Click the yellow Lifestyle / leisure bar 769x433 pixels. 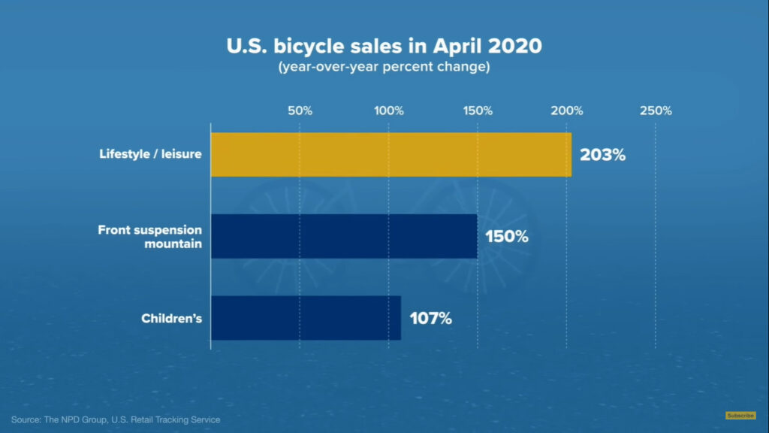pos(391,155)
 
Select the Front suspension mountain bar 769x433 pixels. pos(344,236)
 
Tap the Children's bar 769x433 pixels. pos(306,317)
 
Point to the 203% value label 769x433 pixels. pos(602,156)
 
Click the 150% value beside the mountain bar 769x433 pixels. pos(507,236)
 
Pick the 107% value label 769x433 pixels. pos(430,318)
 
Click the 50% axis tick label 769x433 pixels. pos(300,111)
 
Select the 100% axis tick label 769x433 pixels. pos(389,111)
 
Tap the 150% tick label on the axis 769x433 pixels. pos(478,111)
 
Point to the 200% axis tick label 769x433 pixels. pos(567,111)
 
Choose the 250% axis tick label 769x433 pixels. pos(656,111)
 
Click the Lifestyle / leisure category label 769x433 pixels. pos(150,154)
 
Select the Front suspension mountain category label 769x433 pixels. pos(150,236)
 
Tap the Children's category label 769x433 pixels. pos(171,318)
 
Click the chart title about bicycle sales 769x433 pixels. pos(384,47)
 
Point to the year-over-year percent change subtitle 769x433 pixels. pos(384,68)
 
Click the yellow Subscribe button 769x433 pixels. pos(740,415)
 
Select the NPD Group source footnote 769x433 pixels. pos(116,419)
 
